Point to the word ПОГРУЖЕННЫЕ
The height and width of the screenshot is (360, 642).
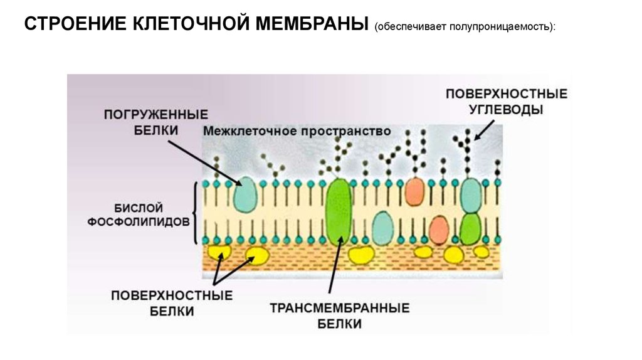(x=156, y=114)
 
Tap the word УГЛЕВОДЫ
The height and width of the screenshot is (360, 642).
(x=506, y=110)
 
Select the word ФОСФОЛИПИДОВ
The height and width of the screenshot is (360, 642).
(x=139, y=222)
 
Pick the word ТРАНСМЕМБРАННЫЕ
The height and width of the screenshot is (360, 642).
(x=339, y=308)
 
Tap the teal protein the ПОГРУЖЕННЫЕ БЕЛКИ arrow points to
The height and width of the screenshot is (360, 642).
(x=246, y=194)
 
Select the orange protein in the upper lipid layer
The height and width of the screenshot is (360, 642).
(x=414, y=191)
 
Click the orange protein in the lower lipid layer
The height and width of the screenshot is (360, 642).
(x=439, y=230)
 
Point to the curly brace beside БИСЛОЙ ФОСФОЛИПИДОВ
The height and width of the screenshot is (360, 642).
(x=196, y=213)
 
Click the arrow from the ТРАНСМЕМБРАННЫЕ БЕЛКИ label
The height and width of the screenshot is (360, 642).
(x=335, y=265)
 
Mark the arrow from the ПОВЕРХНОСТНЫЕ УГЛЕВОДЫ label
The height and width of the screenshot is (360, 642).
(x=484, y=130)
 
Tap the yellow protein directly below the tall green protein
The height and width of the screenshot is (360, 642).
(x=360, y=255)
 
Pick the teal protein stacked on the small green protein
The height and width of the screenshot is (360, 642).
(x=470, y=195)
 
